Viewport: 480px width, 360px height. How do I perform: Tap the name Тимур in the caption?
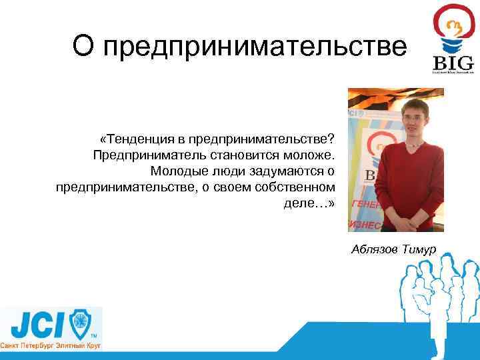[x=419, y=249]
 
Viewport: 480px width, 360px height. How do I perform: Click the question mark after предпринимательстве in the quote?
[x=331, y=139]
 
